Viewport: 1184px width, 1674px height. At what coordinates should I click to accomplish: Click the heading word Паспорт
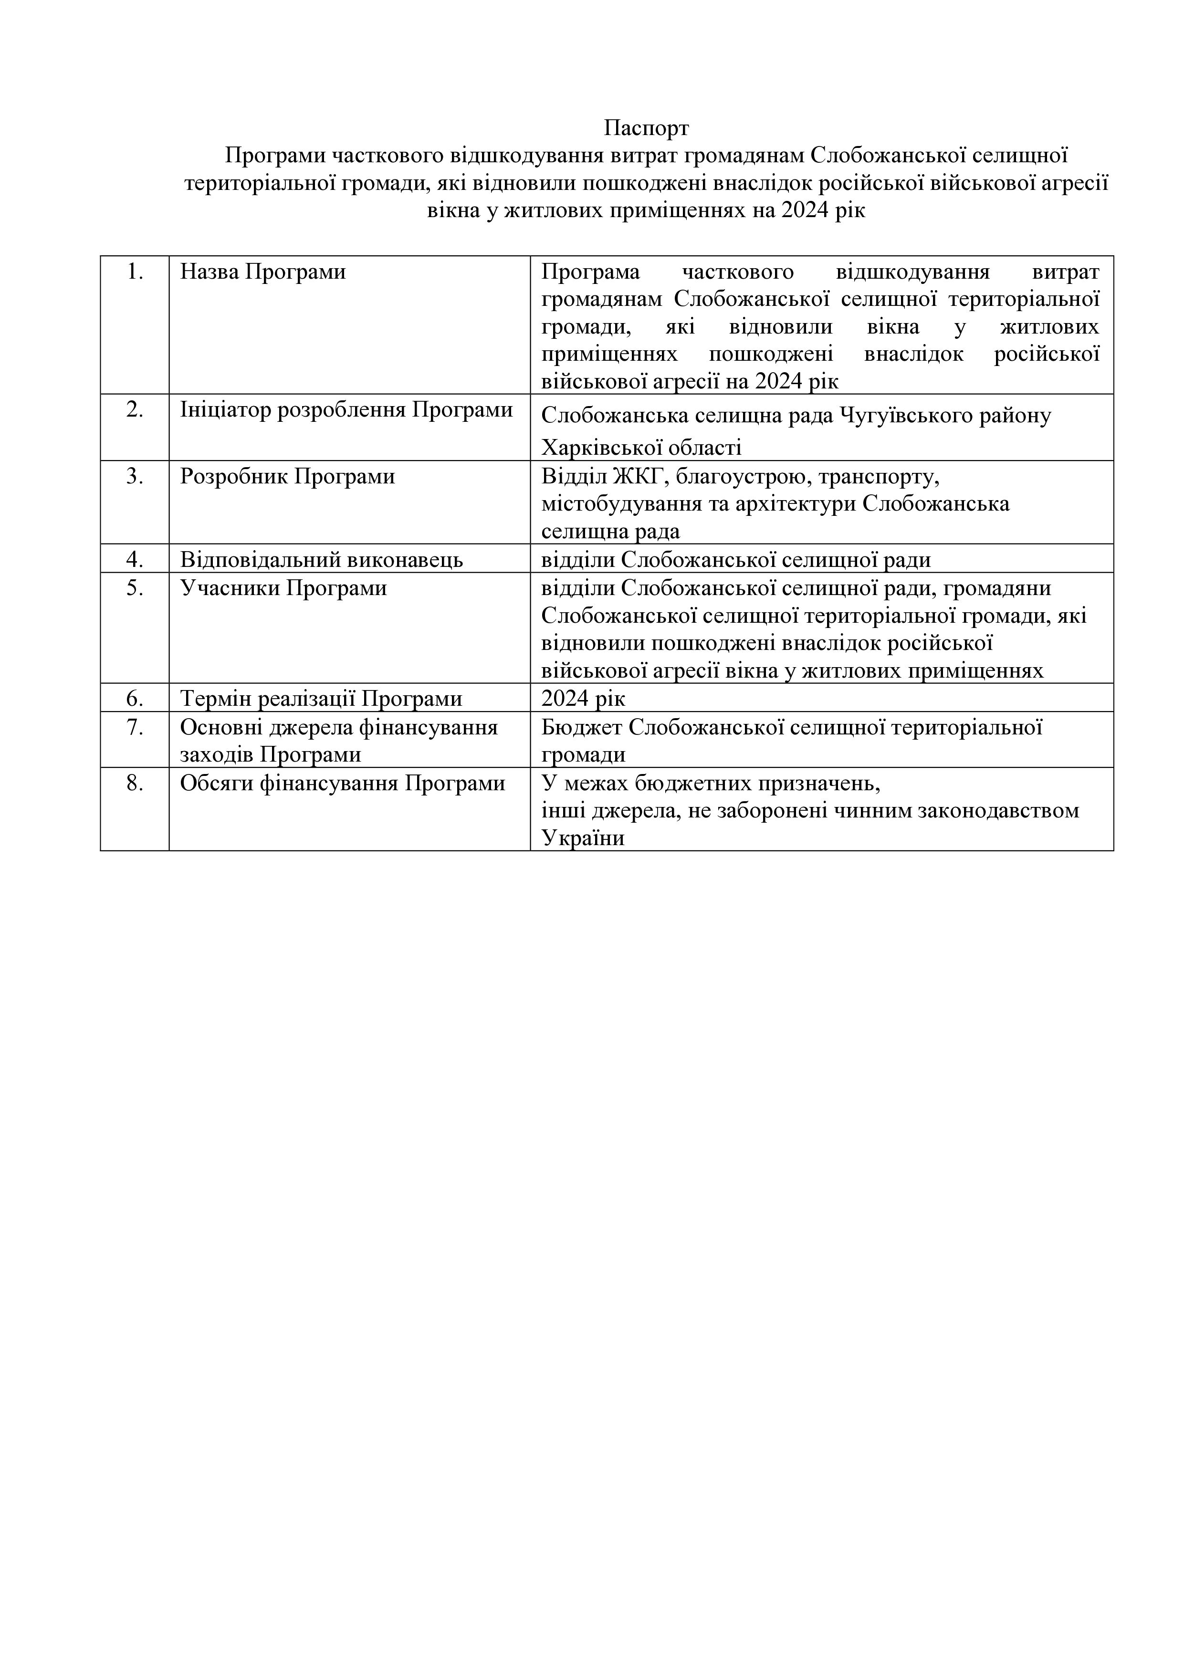coord(646,128)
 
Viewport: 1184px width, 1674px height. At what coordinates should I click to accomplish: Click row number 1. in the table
coord(135,272)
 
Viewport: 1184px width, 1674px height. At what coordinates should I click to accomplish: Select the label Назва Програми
coord(262,272)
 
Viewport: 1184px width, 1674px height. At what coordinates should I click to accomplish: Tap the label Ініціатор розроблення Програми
coord(346,410)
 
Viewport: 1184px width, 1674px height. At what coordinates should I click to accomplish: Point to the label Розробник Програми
coord(287,476)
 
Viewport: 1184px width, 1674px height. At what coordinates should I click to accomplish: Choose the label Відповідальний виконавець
coord(322,560)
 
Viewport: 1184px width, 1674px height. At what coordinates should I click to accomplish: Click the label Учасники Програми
coord(283,587)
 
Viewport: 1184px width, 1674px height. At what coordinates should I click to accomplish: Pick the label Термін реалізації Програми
coord(322,699)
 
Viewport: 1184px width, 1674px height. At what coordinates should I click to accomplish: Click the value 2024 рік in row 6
coord(583,699)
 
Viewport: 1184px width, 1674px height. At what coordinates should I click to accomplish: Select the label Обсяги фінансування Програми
coord(343,783)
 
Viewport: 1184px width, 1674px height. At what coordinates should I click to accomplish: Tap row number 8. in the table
coord(135,783)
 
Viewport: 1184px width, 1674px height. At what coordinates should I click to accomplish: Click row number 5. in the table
coord(135,587)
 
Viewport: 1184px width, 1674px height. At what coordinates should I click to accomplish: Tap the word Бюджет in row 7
coord(582,727)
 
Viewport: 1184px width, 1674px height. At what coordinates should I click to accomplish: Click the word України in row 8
coord(583,838)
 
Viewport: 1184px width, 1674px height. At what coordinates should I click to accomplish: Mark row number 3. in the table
coord(135,476)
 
